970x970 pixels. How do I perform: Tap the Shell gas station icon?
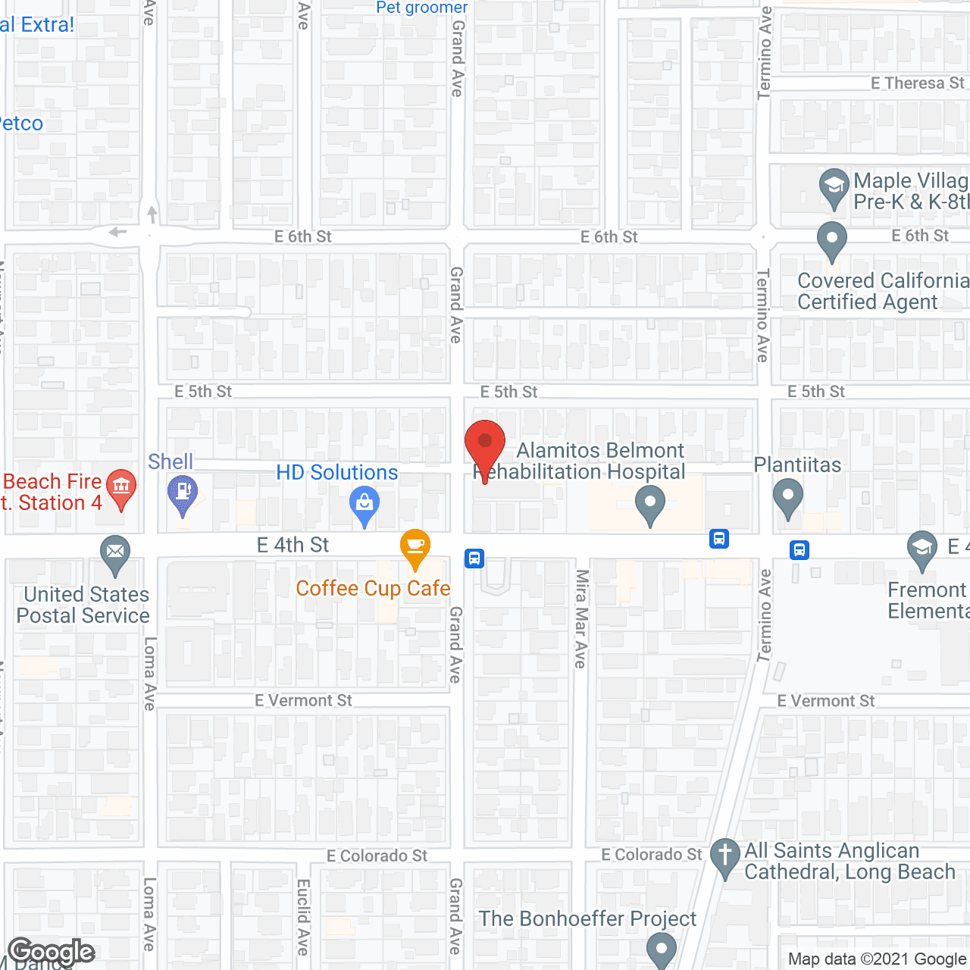(182, 493)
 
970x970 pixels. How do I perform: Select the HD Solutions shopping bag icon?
(365, 505)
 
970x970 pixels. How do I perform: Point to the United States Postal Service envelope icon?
(115, 552)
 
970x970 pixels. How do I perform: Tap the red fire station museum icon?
(121, 487)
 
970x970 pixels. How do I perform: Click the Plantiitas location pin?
(788, 498)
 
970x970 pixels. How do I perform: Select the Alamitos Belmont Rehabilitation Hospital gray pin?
(649, 503)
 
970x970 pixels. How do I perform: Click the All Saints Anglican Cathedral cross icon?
(725, 856)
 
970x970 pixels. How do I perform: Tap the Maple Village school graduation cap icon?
(834, 186)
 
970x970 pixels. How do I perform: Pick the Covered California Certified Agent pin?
(832, 239)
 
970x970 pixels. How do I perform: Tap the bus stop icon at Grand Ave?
(474, 559)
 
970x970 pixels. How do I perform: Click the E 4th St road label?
(293, 545)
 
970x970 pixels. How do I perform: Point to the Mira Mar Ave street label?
(581, 618)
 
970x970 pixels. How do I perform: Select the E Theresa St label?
(917, 83)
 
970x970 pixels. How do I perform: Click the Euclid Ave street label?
(303, 916)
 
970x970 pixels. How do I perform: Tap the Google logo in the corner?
(52, 952)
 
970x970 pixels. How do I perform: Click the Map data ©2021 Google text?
(877, 959)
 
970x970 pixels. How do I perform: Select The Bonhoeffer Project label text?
(587, 918)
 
